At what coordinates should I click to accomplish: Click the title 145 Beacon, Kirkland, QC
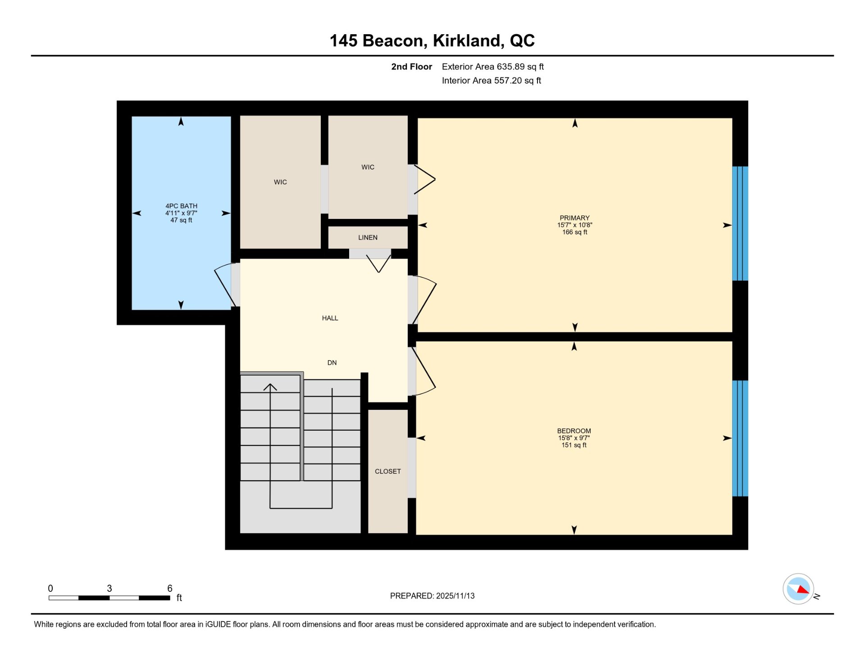tap(432, 41)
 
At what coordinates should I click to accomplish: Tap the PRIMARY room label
tap(574, 218)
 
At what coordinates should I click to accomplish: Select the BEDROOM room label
tap(574, 431)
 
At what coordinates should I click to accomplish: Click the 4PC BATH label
tap(181, 206)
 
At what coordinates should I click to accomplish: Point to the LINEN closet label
tap(368, 237)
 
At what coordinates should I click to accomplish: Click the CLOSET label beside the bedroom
tap(387, 471)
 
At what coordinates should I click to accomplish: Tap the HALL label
tap(330, 318)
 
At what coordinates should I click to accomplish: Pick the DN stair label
tap(332, 363)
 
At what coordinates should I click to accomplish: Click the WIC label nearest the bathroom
tap(280, 182)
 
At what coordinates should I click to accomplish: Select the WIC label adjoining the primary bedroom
tap(368, 167)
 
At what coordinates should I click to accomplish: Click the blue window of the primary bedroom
tap(740, 223)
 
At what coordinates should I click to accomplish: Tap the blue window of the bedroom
tap(740, 438)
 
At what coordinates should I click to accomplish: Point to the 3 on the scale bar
tap(109, 588)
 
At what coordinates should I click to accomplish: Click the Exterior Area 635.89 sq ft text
tap(493, 67)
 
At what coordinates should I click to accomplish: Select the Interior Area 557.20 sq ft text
tap(492, 81)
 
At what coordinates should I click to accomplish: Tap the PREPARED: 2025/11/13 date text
tap(432, 596)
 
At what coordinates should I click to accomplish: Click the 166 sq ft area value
tap(574, 232)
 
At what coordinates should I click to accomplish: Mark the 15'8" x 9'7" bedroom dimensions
tap(574, 438)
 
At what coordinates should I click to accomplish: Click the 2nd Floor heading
tap(411, 67)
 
